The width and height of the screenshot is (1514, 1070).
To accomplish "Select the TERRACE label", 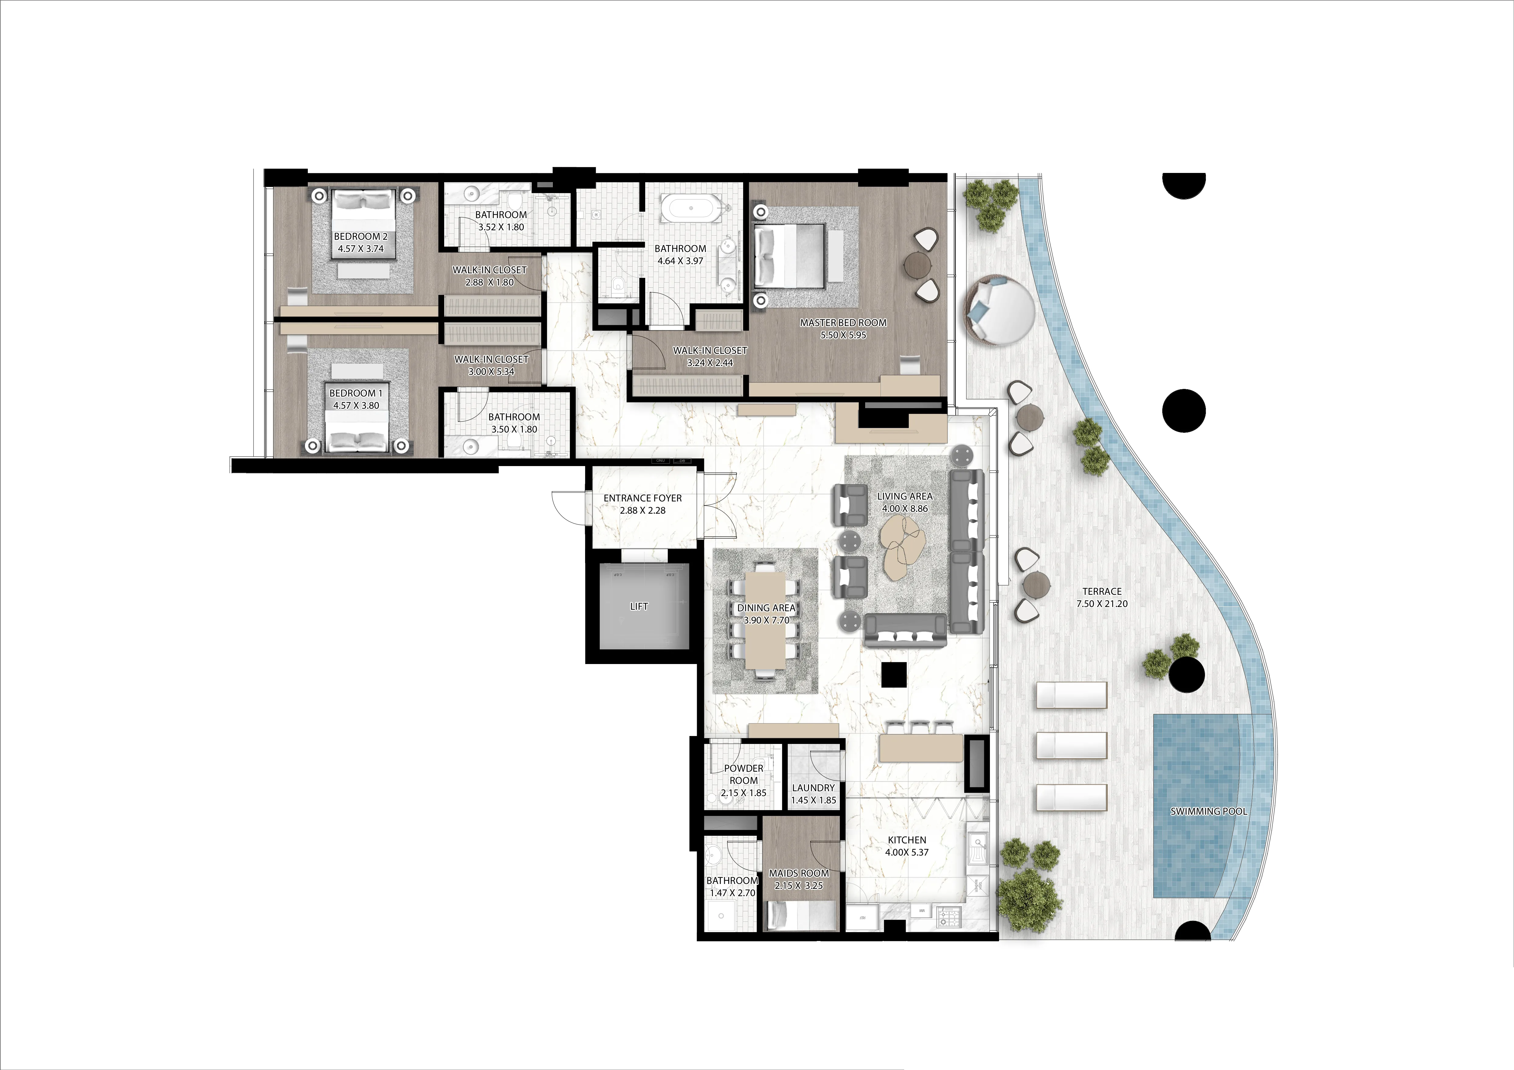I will click(x=1102, y=591).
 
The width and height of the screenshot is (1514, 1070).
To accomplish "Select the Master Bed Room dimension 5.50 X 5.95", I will click(x=843, y=335).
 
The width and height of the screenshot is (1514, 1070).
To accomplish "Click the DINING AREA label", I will click(x=766, y=608).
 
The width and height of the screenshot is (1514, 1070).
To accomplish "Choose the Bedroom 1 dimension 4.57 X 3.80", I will click(x=356, y=405).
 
